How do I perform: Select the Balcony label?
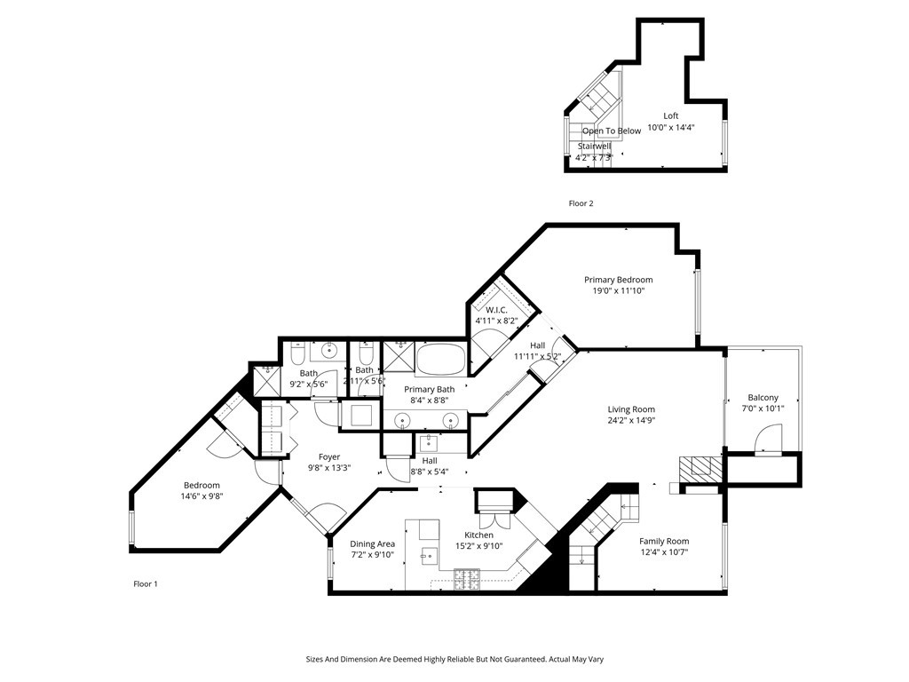[763, 398]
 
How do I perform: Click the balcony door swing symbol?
[767, 439]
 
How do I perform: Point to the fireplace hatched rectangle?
[701, 468]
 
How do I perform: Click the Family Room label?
[664, 541]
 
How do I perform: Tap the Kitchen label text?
[478, 535]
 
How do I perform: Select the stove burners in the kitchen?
[467, 581]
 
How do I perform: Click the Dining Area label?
[373, 543]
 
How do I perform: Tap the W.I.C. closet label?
[490, 309]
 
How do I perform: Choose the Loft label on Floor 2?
[671, 115]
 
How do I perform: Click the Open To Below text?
[611, 131]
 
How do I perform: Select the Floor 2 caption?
[581, 203]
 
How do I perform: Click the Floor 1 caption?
[145, 583]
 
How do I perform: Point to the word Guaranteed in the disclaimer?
[516, 660]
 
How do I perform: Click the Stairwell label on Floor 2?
[594, 146]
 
